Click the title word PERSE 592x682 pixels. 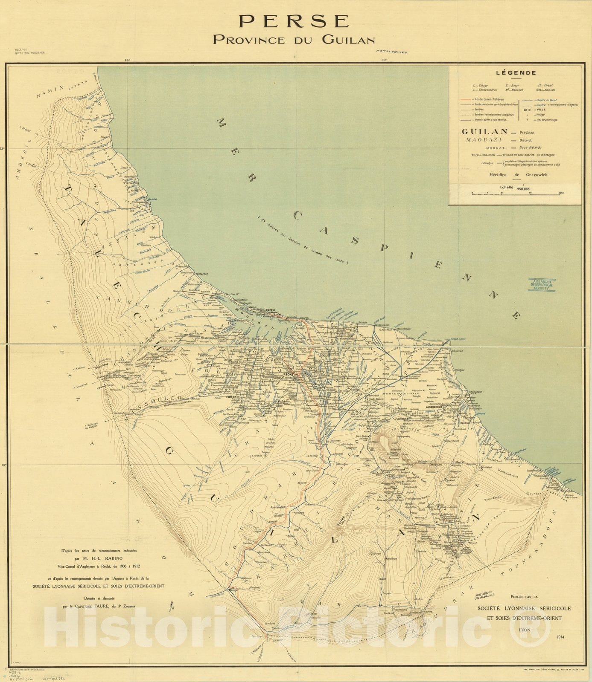(294, 21)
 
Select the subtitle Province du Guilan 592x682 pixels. (294, 40)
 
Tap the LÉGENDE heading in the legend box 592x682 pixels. (516, 73)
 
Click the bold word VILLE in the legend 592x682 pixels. (542, 110)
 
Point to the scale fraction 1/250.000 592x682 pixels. (523, 187)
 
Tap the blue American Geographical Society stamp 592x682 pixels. (542, 285)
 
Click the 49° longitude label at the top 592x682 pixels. (127, 61)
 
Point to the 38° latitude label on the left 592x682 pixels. (3, 149)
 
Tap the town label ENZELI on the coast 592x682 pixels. (271, 310)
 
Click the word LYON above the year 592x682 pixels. (524, 630)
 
